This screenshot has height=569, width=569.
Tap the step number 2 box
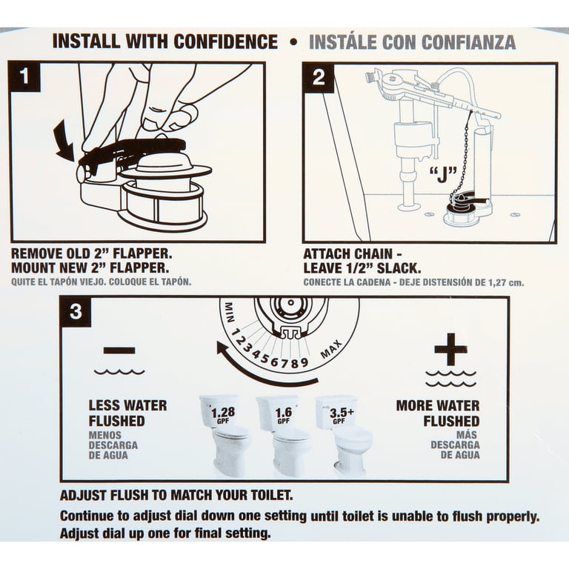pyautogui.click(x=318, y=78)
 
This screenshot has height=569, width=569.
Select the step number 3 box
pyautogui.click(x=76, y=312)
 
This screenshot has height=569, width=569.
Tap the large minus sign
pyautogui.click(x=119, y=350)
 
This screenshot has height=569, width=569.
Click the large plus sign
pyautogui.click(x=450, y=349)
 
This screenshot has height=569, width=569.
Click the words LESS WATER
pyautogui.click(x=127, y=405)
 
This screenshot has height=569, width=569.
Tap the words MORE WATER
pyautogui.click(x=437, y=405)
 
